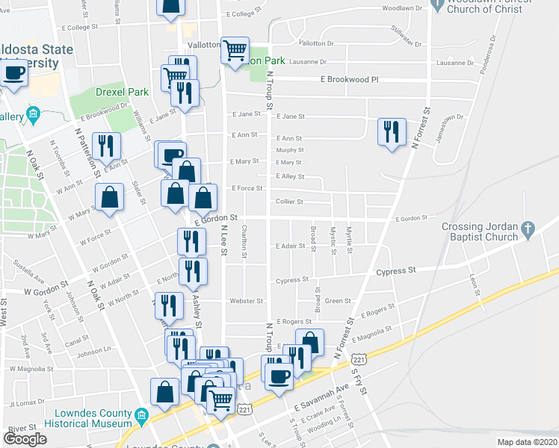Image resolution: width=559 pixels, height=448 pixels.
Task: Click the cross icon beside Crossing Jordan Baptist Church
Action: pos(528,227)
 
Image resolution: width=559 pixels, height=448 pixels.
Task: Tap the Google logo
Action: pos(25,439)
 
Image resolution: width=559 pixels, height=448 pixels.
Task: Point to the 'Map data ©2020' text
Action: pos(528,442)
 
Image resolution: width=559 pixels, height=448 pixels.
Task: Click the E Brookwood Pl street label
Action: pos(350,78)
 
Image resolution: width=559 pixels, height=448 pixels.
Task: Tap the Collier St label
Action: pos(289,202)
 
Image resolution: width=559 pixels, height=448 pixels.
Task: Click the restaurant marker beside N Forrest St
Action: pos(392,132)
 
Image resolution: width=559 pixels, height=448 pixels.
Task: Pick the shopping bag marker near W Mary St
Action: pos(109,197)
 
